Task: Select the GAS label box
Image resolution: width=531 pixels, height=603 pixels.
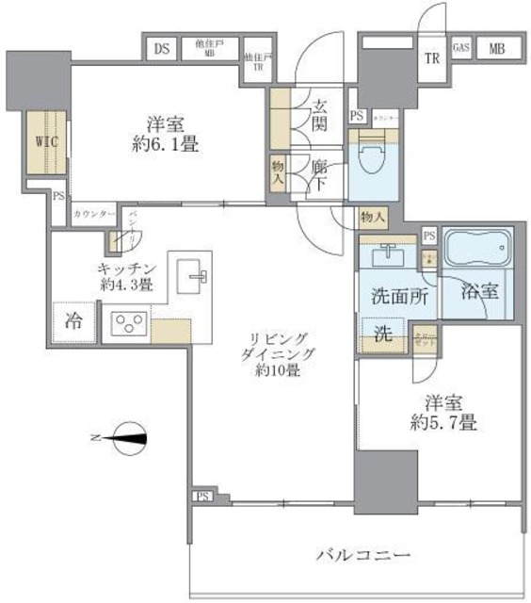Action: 461,47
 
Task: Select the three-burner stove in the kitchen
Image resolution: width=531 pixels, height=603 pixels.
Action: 126,324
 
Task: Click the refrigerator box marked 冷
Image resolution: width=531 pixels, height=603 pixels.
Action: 72,320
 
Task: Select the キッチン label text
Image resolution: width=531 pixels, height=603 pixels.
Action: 124,267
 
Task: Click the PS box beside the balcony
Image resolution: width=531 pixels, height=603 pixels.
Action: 203,497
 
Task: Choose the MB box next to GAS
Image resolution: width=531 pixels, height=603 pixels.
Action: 495,47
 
